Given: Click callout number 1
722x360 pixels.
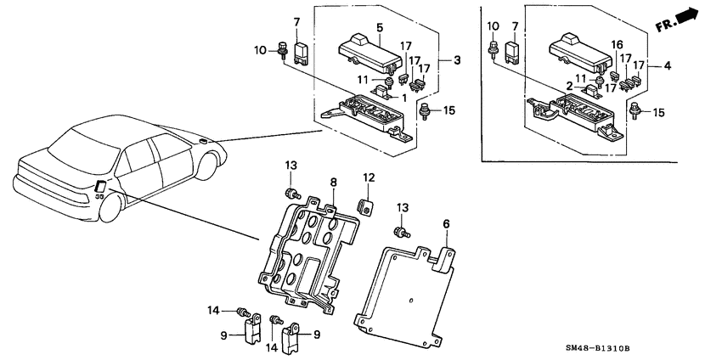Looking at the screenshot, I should [x=404, y=98].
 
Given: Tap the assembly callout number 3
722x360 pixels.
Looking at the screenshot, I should [x=457, y=60].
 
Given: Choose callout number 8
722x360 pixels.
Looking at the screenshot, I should [x=334, y=182].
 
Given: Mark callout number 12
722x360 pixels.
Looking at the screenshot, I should [x=369, y=178].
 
